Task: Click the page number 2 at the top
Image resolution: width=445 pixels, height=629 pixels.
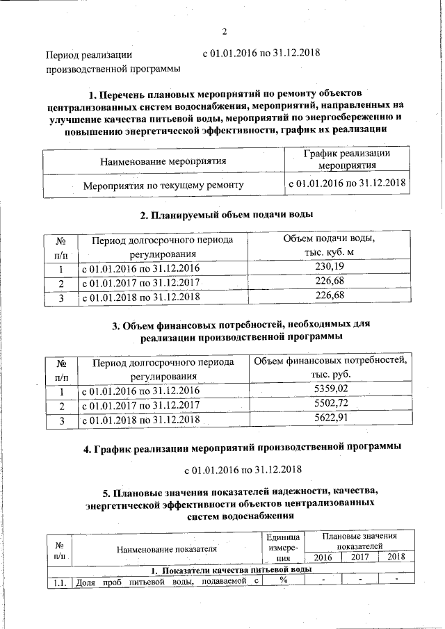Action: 225,31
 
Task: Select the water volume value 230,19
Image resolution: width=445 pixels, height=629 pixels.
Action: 330,268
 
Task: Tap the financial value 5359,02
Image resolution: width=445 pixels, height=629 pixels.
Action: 331,389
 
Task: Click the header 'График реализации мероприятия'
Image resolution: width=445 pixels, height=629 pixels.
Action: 348,160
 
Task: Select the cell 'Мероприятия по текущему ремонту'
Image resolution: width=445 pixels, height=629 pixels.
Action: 163,186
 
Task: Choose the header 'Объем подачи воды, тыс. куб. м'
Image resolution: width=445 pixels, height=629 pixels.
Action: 330,245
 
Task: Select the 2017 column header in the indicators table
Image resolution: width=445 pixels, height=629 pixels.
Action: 359,557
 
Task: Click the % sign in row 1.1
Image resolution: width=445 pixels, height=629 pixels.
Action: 284,581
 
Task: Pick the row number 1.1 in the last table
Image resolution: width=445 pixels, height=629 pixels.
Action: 58,583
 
